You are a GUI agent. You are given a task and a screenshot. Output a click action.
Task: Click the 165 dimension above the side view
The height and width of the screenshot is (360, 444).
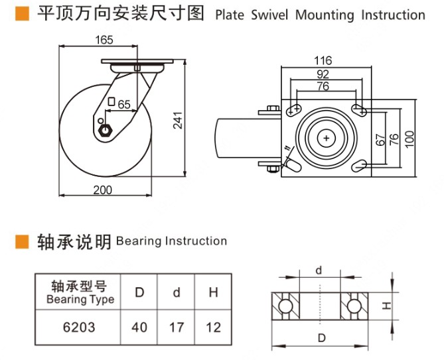[104, 40]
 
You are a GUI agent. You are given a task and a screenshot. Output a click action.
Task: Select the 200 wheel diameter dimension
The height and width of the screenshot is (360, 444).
[102, 190]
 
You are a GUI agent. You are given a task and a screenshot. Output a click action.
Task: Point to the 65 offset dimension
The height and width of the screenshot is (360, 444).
[123, 104]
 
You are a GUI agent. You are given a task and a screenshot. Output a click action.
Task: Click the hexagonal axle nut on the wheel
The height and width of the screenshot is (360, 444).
[104, 130]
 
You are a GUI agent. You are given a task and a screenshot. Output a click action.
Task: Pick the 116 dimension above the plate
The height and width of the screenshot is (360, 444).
[323, 60]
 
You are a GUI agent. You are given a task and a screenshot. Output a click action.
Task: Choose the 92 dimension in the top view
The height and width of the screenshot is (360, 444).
[323, 74]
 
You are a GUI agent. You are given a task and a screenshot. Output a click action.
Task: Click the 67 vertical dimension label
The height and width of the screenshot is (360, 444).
[380, 139]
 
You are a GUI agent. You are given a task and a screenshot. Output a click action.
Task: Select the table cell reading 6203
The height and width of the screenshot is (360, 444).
[79, 327]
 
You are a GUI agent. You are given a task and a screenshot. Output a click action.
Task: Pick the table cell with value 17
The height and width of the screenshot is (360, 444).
[176, 327]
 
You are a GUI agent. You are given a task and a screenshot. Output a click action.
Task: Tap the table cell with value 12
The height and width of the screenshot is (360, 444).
[213, 327]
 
